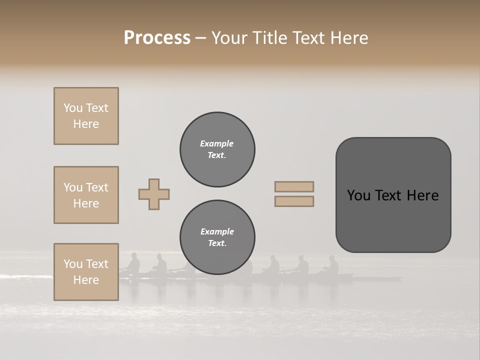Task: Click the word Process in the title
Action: pos(157,37)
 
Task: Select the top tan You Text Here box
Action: pos(86,116)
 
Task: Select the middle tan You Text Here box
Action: pos(86,195)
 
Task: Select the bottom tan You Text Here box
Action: pos(86,272)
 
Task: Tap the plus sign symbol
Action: pos(154,194)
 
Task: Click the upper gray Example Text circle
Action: pos(217,149)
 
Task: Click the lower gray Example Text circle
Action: pos(217,237)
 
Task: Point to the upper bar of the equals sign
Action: pos(294,186)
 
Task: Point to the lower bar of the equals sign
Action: pos(294,201)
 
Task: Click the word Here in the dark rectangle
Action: pos(422,195)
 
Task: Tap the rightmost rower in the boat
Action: pos(332,265)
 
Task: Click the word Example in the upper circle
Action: pos(217,143)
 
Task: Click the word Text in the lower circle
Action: pos(216,243)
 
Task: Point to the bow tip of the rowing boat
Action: pos(401,277)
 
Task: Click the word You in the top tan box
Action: pos(73,108)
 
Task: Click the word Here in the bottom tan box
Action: pos(86,280)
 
